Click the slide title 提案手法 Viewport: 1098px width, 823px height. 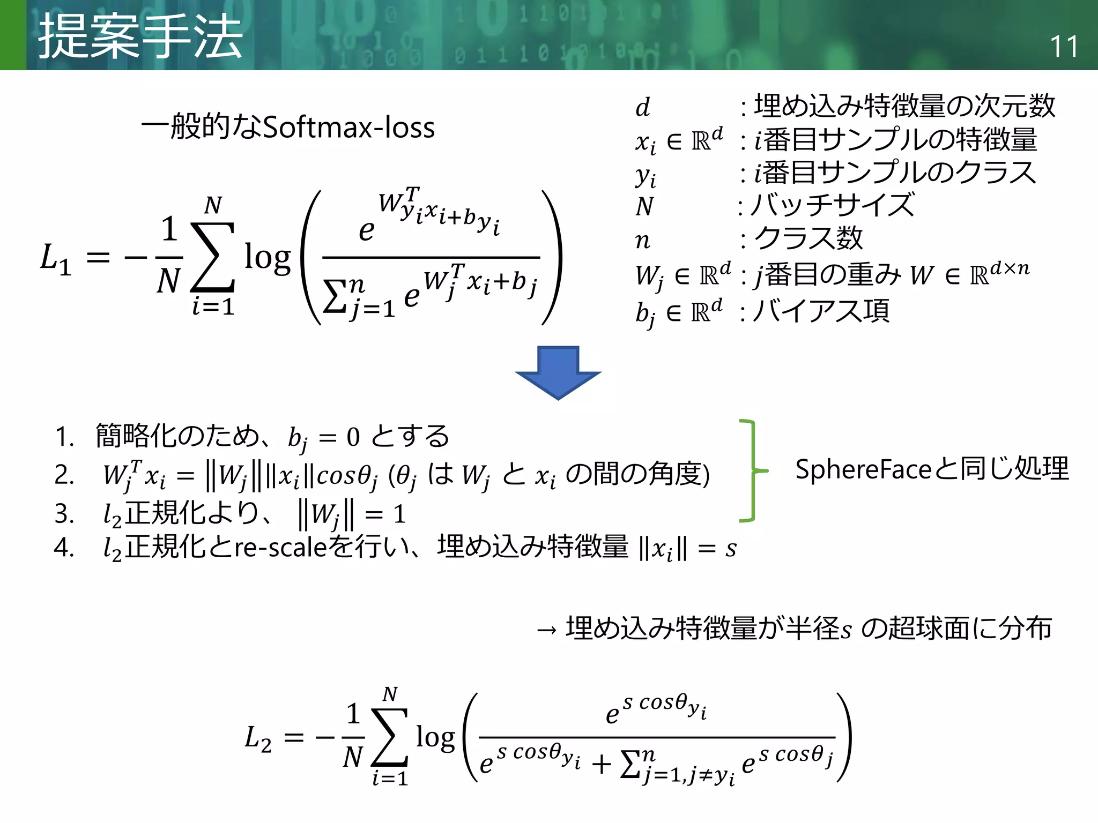click(x=140, y=36)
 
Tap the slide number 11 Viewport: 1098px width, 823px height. click(x=1064, y=47)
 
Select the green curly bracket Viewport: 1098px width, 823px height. click(x=751, y=470)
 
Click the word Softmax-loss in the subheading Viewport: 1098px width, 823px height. click(x=349, y=128)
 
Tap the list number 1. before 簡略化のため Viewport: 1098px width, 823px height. click(x=64, y=437)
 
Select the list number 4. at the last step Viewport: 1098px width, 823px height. click(x=64, y=548)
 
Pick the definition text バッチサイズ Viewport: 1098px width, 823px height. click(x=832, y=205)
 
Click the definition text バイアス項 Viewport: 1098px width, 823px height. click(x=821, y=311)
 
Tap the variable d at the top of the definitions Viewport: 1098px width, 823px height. click(x=643, y=108)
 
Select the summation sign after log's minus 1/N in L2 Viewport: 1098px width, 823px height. click(x=390, y=737)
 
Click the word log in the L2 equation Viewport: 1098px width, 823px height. click(x=435, y=738)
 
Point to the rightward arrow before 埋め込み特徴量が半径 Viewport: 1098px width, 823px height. click(x=547, y=630)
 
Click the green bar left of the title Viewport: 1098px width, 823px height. click(x=13, y=35)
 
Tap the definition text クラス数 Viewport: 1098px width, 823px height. click(x=808, y=238)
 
